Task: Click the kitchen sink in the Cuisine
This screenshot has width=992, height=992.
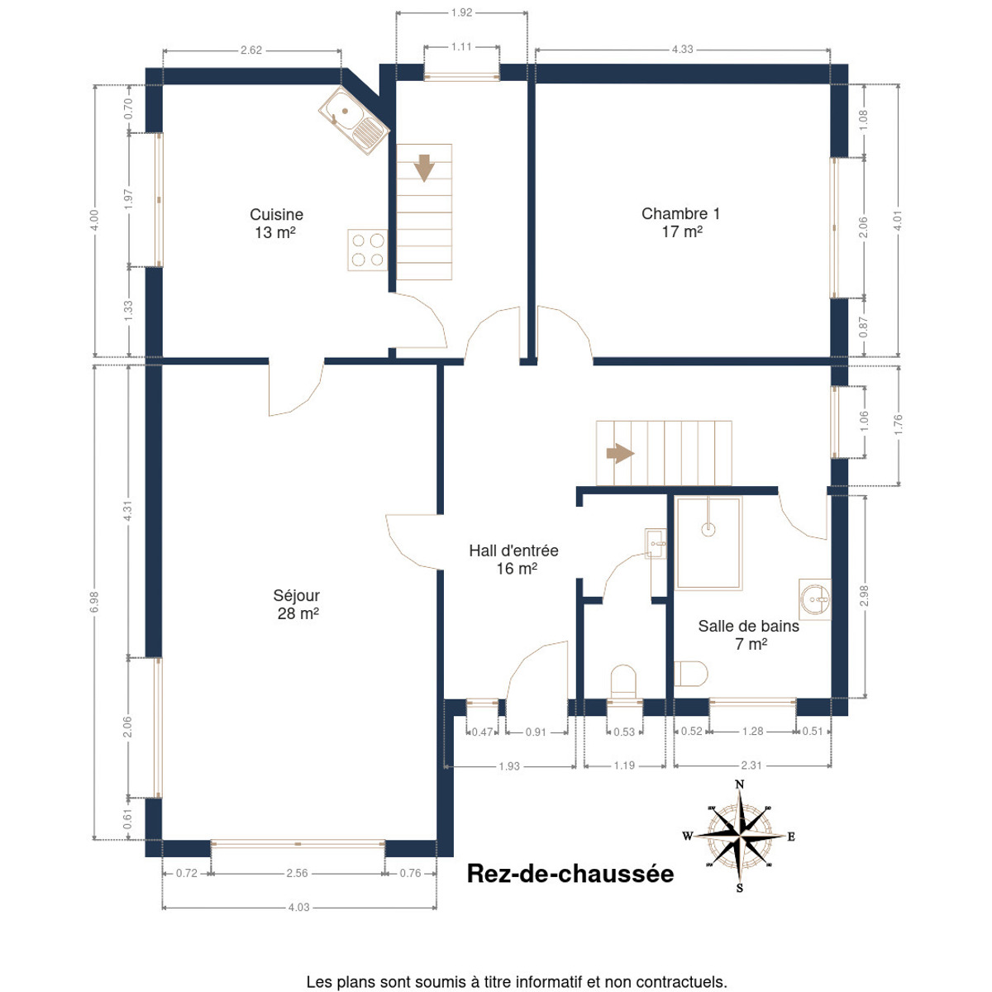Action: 353,120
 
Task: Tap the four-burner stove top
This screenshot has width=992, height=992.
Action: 367,250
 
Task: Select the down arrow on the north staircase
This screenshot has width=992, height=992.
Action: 424,168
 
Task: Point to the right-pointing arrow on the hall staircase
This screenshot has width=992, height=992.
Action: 620,454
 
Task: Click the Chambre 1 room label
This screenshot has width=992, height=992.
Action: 680,222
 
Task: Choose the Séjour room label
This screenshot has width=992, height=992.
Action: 297,604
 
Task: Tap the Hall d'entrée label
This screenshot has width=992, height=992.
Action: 513,560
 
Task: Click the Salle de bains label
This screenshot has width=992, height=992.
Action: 748,635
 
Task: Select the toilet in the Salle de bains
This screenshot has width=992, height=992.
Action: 690,674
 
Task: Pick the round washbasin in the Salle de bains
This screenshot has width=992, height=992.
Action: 814,599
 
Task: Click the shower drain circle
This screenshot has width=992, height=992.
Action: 708,528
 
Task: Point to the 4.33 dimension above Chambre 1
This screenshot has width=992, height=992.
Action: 682,50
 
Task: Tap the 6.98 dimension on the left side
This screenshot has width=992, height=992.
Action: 94,603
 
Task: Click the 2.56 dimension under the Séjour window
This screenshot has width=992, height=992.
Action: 297,873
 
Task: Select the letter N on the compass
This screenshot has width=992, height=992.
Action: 739,785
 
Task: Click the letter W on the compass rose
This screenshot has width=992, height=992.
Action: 687,836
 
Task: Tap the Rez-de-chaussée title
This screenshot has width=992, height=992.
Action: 570,874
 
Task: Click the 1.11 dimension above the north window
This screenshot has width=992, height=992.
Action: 461,47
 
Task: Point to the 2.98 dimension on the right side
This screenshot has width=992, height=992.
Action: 864,595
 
